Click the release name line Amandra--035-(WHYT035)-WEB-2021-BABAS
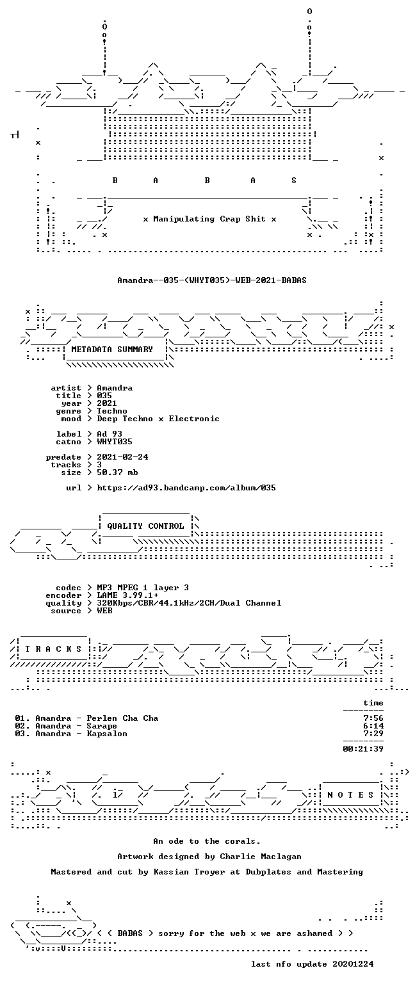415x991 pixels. point(212,280)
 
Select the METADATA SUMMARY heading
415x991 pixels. point(112,349)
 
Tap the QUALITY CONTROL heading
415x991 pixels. point(145,526)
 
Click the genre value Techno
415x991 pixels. point(112,411)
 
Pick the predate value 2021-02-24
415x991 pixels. point(122,457)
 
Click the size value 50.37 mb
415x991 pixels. point(117,472)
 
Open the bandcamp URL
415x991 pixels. point(186,488)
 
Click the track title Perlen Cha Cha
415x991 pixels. point(122,718)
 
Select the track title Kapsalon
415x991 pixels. point(106,734)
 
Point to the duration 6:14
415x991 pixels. point(373,726)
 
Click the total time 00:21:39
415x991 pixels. point(363,749)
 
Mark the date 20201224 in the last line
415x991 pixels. point(353,964)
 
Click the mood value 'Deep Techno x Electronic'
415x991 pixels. point(158,419)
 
